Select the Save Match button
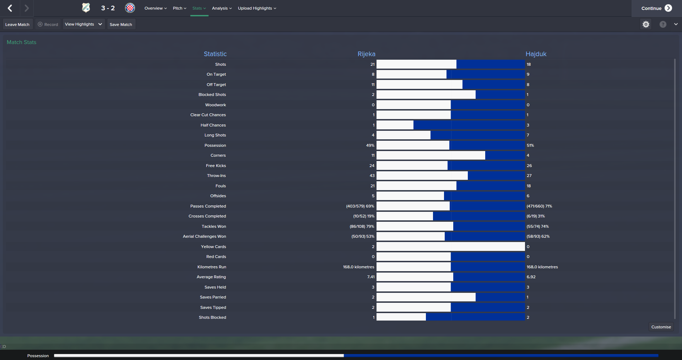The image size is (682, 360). [121, 25]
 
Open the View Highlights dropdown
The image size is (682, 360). [83, 24]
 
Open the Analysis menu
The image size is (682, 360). [222, 8]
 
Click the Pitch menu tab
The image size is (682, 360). [179, 8]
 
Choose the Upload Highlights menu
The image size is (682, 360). [257, 8]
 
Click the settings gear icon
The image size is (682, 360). [646, 24]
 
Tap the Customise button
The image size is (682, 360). [661, 327]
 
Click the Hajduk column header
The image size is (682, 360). [536, 54]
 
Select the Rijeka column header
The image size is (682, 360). [366, 54]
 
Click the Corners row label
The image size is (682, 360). [218, 155]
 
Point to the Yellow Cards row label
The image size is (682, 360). [213, 247]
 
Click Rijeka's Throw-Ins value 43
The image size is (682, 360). [372, 176]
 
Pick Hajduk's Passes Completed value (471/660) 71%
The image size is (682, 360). [539, 206]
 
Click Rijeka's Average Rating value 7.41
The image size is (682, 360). [371, 277]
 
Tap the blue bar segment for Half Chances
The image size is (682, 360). [469, 125]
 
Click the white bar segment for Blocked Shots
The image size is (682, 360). [426, 95]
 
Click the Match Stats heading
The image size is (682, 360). [22, 42]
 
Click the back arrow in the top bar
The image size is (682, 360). [10, 8]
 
